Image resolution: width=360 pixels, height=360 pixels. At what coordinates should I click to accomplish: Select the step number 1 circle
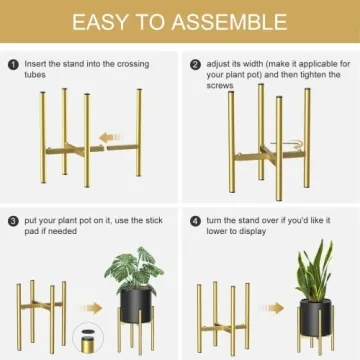click(x=13, y=64)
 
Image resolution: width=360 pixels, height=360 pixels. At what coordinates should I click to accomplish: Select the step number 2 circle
click(x=195, y=64)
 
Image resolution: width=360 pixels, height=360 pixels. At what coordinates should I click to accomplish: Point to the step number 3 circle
click(x=13, y=219)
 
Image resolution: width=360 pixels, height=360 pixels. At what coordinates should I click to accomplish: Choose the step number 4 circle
click(x=195, y=219)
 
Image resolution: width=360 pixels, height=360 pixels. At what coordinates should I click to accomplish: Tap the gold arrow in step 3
click(x=90, y=309)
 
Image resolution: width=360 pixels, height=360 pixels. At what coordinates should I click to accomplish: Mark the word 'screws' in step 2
click(x=219, y=86)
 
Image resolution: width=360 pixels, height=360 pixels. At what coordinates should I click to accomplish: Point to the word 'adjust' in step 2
click(x=217, y=64)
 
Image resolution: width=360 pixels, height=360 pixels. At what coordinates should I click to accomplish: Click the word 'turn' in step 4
click(x=215, y=219)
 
